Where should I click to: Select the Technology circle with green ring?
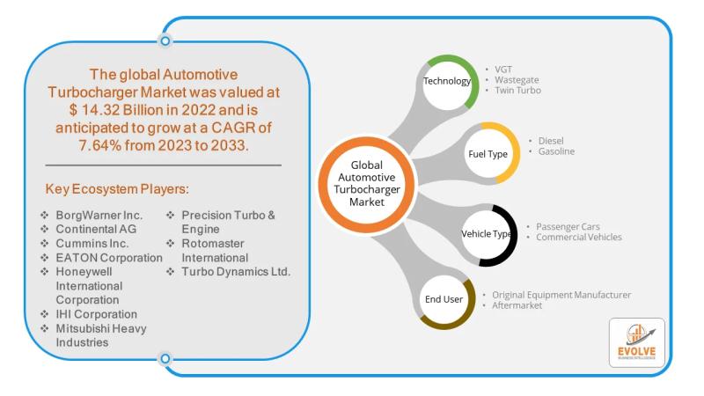coord(447,82)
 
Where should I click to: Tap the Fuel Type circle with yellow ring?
coord(488,154)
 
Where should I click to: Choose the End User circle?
coord(444,299)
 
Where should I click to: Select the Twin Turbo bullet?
coord(517,90)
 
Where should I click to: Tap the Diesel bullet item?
coord(550,140)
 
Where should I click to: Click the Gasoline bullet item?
coord(555,151)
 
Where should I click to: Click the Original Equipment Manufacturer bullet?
coord(561,294)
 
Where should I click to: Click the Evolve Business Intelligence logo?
coord(636,342)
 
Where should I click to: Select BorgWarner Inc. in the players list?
coord(99,216)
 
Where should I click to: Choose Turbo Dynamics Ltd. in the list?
coord(236,272)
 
